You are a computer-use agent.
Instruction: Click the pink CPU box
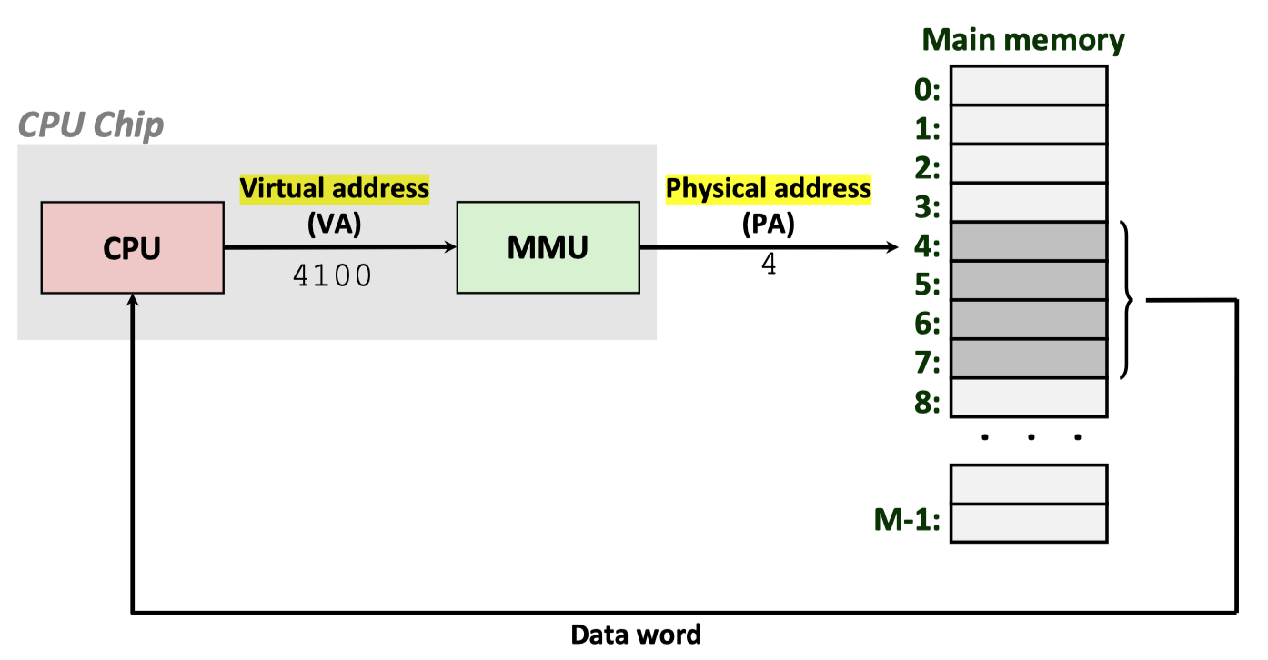(132, 247)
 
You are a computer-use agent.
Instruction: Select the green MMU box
(548, 247)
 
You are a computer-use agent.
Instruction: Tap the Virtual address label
(334, 188)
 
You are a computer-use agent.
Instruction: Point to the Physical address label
(769, 188)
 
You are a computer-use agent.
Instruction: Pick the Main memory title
(1023, 40)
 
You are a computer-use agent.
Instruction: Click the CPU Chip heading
(91, 125)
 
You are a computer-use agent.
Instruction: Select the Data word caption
(636, 635)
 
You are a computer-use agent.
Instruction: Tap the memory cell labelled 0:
(1029, 85)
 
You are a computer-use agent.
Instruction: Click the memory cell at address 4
(1029, 242)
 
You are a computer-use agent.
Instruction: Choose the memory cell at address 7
(1029, 359)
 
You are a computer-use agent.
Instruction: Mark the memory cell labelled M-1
(1029, 524)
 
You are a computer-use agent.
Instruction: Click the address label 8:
(927, 402)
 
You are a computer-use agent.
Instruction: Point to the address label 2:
(927, 168)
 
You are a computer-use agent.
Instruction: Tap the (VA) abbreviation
(334, 223)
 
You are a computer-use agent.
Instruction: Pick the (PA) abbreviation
(769, 223)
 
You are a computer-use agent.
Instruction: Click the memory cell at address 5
(1029, 281)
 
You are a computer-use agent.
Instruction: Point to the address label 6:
(927, 325)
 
